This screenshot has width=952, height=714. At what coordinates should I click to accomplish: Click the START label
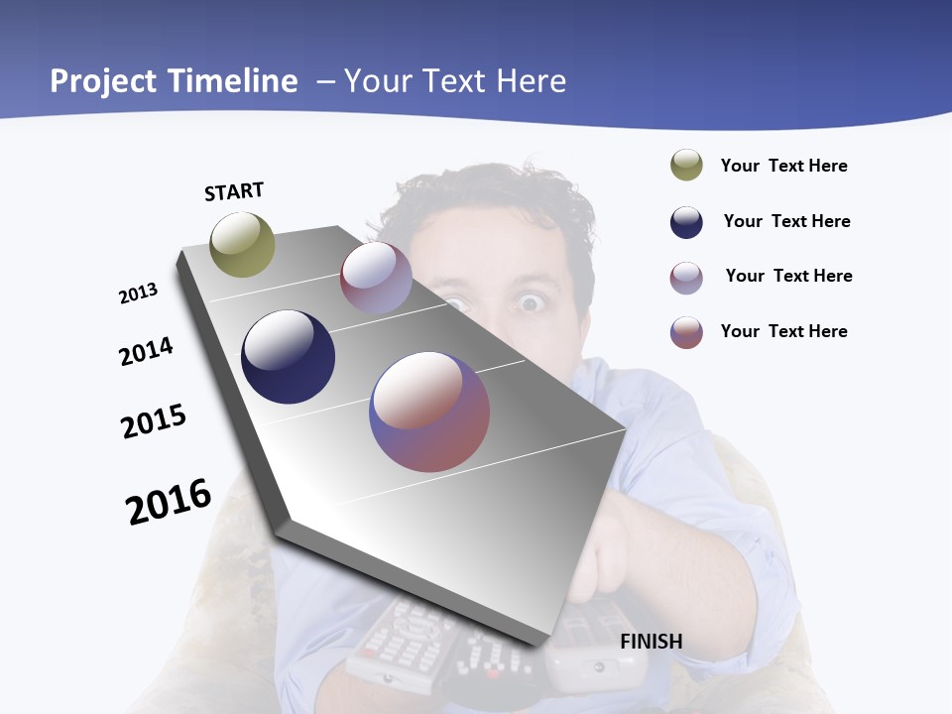point(234,191)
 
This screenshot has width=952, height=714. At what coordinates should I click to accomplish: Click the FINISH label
point(651,642)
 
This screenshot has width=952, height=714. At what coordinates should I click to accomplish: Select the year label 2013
point(138,294)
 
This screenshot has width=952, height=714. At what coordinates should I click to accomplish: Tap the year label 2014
point(146,352)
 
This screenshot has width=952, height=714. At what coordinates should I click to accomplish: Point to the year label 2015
point(154,421)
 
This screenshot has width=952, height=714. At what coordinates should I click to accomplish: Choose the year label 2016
point(169,502)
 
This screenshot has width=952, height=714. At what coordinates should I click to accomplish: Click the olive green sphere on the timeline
point(242,244)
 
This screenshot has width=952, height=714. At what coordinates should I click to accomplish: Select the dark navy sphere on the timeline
point(288,357)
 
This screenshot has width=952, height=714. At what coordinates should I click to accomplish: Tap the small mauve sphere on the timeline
point(376,278)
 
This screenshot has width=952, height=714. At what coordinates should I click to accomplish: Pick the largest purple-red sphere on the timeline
point(429,412)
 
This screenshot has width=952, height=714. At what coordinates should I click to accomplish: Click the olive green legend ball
point(686,165)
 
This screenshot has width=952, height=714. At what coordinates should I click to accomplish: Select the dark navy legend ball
point(686,222)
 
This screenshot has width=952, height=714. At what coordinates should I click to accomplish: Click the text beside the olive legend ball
point(783,166)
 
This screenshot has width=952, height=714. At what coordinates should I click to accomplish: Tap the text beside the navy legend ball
point(786,221)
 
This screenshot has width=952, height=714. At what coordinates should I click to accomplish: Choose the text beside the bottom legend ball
point(783,331)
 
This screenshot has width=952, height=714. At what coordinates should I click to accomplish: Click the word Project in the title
point(104,80)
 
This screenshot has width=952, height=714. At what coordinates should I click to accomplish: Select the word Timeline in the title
point(233,80)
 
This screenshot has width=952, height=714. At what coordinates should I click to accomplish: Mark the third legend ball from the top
point(686,278)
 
